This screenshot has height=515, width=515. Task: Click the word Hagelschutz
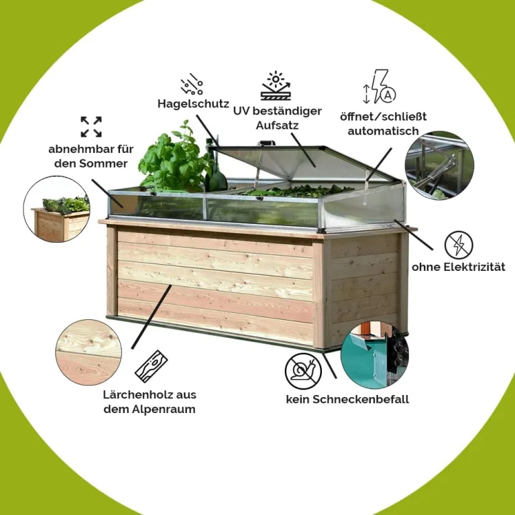pyautogui.click(x=193, y=104)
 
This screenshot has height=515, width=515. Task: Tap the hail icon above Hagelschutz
pyautogui.click(x=192, y=84)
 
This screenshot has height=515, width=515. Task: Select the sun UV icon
pyautogui.click(x=276, y=86)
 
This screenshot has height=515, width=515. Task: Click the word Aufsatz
pyautogui.click(x=277, y=125)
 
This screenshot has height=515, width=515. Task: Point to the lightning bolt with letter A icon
pyautogui.click(x=380, y=87)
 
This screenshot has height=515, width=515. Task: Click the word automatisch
pyautogui.click(x=384, y=131)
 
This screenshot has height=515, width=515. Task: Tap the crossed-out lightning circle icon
pyautogui.click(x=459, y=245)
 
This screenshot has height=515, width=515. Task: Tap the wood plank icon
pyautogui.click(x=151, y=366)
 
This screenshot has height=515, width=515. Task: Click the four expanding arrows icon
pyautogui.click(x=91, y=127)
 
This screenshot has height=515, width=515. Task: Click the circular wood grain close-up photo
pyautogui.click(x=89, y=353)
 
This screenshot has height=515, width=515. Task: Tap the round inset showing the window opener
pyautogui.click(x=439, y=165)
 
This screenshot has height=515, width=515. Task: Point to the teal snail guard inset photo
pyautogui.click(x=375, y=354)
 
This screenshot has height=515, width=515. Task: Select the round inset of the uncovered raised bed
pyautogui.click(x=57, y=209)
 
